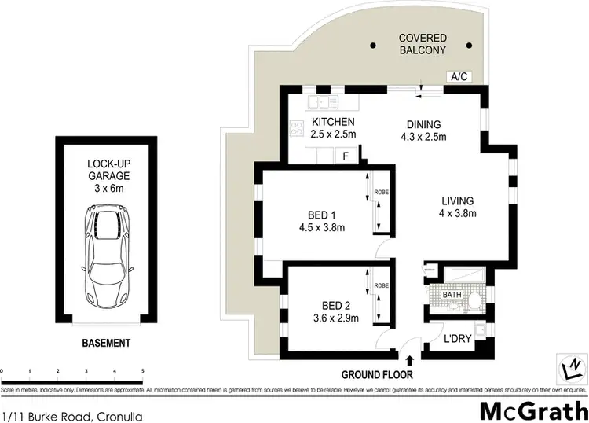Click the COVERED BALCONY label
422,44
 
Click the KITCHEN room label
334,123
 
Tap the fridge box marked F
345,156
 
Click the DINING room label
424,124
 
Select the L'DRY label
456,340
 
